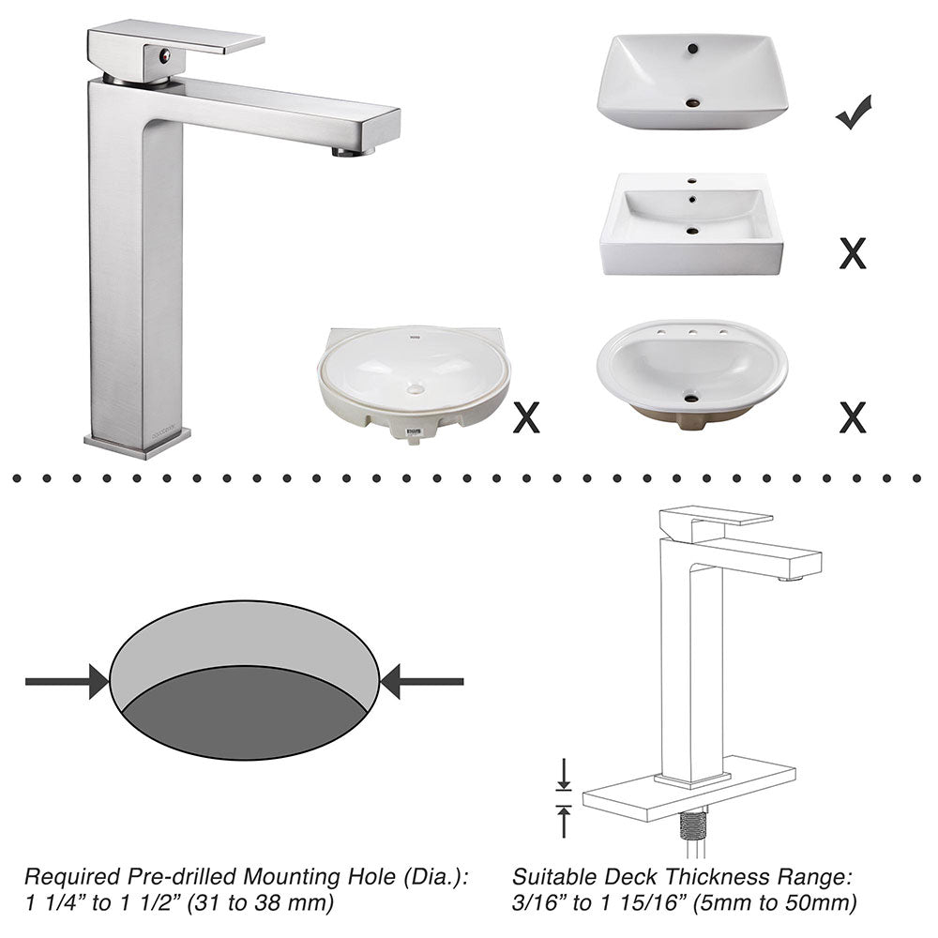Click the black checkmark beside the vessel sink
[854, 113]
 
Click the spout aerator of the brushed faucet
[353, 150]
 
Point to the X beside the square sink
[852, 253]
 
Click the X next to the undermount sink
[526, 417]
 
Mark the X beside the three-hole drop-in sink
[852, 417]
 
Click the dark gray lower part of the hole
[244, 718]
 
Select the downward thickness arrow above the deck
[564, 775]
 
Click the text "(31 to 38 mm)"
[274, 904]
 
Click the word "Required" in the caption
[66, 878]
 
